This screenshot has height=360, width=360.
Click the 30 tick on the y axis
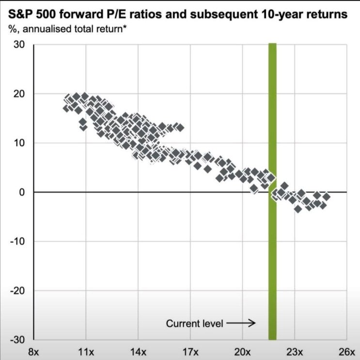pyautogui.click(x=21, y=44)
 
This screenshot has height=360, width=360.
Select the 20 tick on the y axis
pyautogui.click(x=21, y=94)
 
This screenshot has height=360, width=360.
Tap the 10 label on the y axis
pyautogui.click(x=21, y=143)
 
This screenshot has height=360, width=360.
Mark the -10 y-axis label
pyautogui.click(x=19, y=241)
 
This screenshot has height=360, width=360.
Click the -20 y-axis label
pyautogui.click(x=19, y=291)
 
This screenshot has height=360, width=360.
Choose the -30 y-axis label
pyautogui.click(x=19, y=340)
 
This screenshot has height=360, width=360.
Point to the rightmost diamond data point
pyautogui.click(x=327, y=197)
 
